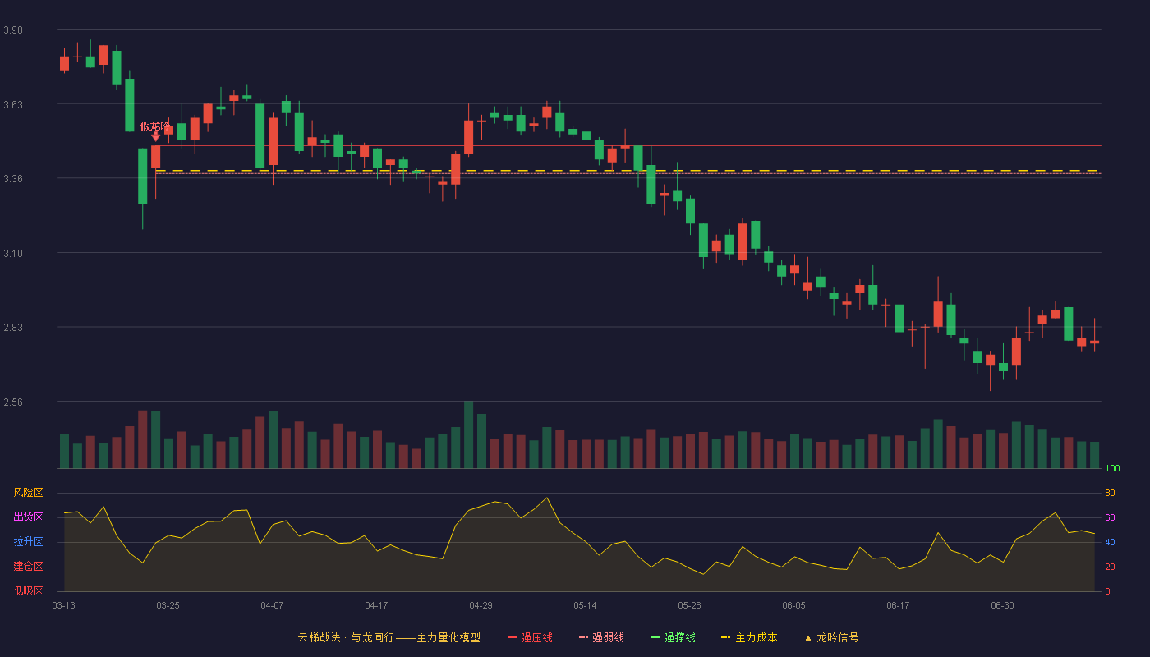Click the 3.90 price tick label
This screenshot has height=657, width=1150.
(x=13, y=30)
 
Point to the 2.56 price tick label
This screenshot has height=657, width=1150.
(x=13, y=402)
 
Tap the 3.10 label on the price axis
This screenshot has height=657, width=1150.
(x=13, y=254)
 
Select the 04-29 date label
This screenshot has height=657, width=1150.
(x=481, y=606)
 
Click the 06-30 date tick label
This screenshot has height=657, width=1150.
(x=1002, y=606)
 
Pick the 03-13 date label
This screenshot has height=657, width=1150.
(x=64, y=606)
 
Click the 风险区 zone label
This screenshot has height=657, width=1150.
(x=28, y=493)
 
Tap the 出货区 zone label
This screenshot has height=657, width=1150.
(x=28, y=517)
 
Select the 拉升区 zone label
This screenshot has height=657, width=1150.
(x=28, y=541)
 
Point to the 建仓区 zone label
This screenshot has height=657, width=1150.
(x=28, y=566)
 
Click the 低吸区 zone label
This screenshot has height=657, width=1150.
(x=28, y=590)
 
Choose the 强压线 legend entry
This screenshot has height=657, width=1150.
(x=530, y=637)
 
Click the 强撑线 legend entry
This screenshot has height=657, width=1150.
(x=673, y=637)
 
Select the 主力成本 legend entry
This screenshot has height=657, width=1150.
(x=749, y=637)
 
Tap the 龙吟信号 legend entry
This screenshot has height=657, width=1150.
(x=831, y=637)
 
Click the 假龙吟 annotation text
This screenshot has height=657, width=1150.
(x=155, y=126)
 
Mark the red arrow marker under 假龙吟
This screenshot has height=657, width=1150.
(x=155, y=137)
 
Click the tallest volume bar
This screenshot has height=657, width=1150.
(x=469, y=434)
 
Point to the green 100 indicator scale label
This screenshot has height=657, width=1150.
(x=1112, y=468)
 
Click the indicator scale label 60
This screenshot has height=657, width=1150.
(x=1110, y=517)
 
